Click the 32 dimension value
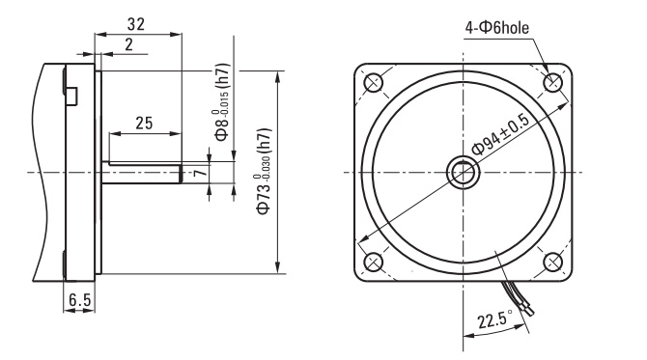tap(136, 24)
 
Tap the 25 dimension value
tap(144, 123)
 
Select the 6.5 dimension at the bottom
tap(79, 300)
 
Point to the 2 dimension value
tap(129, 44)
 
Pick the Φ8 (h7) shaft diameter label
tap(222, 102)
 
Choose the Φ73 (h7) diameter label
tap(264, 171)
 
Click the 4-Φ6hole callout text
tap(496, 28)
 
